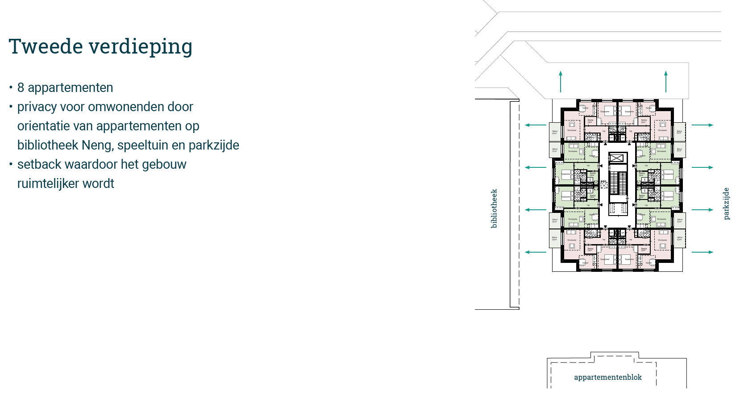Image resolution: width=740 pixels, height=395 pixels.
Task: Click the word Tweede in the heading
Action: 46,46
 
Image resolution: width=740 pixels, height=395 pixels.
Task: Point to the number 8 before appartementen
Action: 21,87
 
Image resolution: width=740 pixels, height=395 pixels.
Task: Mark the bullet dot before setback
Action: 11,164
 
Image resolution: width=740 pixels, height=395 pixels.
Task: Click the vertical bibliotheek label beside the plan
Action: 494,208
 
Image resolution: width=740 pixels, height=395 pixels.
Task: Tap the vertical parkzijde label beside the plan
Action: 726,204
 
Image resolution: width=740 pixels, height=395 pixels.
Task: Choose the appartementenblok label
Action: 607,378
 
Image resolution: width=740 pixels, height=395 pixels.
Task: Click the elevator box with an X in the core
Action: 616,158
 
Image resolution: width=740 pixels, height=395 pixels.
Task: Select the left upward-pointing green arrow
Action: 561,81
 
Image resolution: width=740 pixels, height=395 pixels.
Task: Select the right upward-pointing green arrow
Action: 666,81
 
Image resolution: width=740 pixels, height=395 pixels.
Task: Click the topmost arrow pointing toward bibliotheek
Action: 536,125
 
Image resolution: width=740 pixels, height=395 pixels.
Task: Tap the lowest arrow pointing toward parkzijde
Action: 703,252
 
